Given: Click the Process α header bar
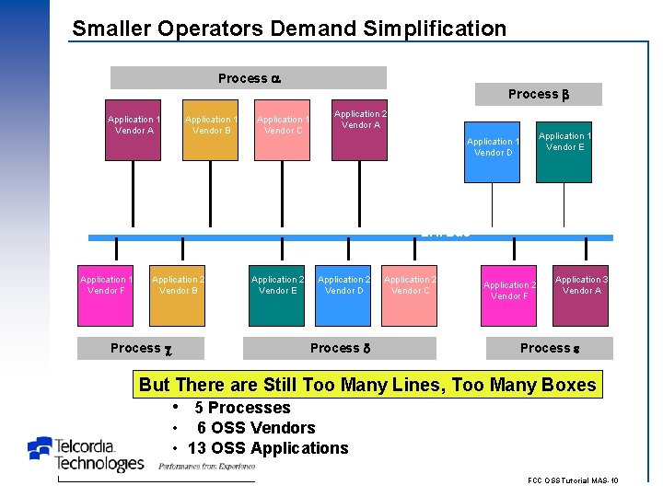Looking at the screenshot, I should click(249, 78).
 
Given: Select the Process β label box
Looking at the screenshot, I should click(538, 94).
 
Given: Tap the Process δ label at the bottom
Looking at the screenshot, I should click(341, 348).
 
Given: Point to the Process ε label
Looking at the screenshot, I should click(550, 348).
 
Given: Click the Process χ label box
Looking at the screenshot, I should click(141, 348).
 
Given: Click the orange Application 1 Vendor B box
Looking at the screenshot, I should click(210, 130).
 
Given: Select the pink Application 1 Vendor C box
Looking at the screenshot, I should click(283, 130).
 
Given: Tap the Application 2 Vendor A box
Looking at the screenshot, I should click(359, 130).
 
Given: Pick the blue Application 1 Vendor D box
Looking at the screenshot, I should click(493, 152).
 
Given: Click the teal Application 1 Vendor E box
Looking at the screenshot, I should click(564, 152).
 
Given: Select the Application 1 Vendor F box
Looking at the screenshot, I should click(105, 295).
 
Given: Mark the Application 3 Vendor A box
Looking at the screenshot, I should click(581, 295).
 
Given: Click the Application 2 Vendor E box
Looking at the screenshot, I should click(277, 295).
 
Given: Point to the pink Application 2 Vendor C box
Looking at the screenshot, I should click(410, 295).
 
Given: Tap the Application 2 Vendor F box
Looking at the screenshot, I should click(509, 295).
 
